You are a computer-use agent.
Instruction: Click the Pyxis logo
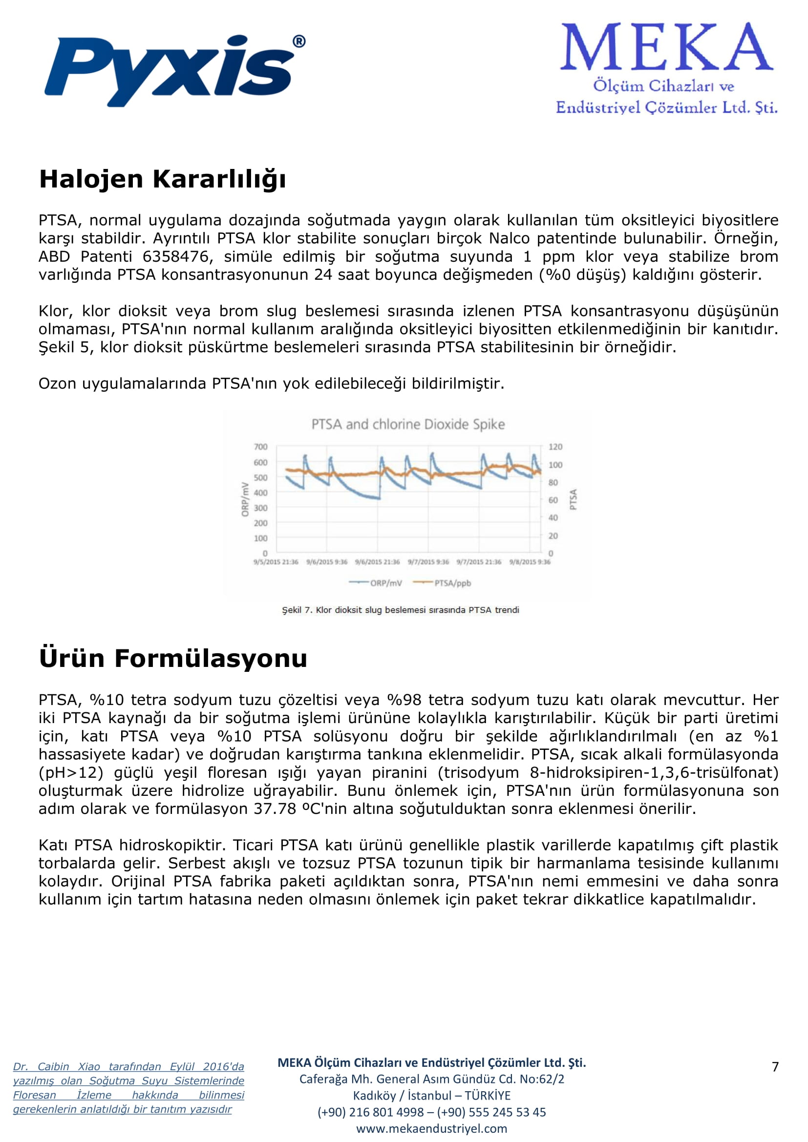pos(174,70)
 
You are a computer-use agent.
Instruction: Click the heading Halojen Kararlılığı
pos(163,179)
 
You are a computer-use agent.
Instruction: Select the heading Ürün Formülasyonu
pos(173,658)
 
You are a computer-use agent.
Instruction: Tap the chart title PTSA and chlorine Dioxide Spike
pos(408,424)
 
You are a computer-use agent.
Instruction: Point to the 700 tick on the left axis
pos(260,447)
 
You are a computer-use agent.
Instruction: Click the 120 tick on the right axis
pos(555,447)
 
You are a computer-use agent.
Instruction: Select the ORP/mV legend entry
pos(376,583)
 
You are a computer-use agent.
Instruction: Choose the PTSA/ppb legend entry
pos(442,583)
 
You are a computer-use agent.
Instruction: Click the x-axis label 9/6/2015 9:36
pos(327,562)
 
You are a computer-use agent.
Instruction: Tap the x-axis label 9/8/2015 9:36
pos(530,562)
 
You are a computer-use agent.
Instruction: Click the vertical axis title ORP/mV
pos(245,499)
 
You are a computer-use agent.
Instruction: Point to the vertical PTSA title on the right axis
pos(573,499)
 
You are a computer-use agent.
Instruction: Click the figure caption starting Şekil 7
pos(401,610)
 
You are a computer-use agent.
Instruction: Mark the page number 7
pos(775,1066)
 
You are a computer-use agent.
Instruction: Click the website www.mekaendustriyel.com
pos(431,1128)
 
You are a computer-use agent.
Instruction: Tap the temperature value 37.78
pos(275,809)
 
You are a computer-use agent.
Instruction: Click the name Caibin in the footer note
pos(53,1066)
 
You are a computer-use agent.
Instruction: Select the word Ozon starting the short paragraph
pos(58,383)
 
